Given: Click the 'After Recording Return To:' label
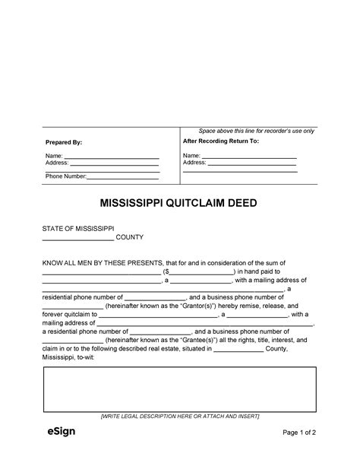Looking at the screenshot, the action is click(221, 141).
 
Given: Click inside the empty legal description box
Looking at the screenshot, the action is click(179, 389).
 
